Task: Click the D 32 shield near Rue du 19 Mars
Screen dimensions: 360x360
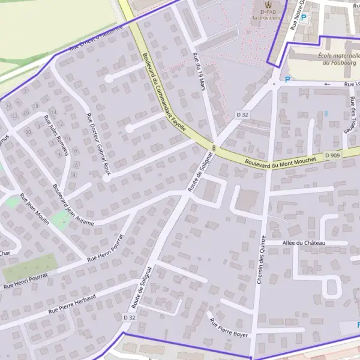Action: tap(242, 114)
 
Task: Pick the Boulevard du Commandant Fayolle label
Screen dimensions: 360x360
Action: tap(163, 94)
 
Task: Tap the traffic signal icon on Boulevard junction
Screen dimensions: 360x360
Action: tap(214, 148)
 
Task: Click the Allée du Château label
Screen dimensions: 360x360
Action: tap(304, 243)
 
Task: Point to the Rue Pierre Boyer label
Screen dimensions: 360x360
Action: tap(228, 327)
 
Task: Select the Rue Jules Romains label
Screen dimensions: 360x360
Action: tap(55, 135)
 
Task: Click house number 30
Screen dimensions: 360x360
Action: tap(28, 132)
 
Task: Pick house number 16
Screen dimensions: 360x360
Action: tap(45, 99)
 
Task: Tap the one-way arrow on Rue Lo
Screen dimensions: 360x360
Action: tap(327, 85)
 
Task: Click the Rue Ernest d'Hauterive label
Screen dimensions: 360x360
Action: tap(96, 37)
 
